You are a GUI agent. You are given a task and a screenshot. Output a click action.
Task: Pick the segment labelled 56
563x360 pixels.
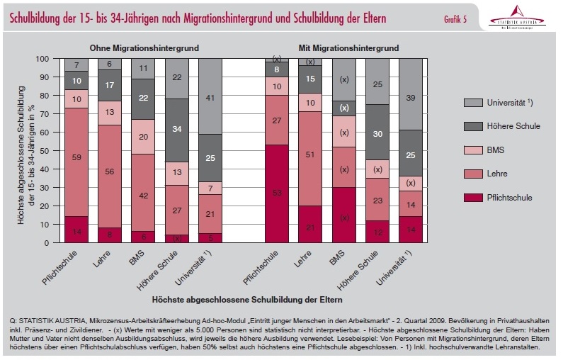point(110,171)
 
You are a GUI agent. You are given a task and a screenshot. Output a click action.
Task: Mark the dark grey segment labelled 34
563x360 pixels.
point(178,130)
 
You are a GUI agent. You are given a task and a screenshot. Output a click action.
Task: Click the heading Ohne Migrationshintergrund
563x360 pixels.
point(143,48)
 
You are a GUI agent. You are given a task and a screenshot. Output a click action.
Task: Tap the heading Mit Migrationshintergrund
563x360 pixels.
point(344,48)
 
